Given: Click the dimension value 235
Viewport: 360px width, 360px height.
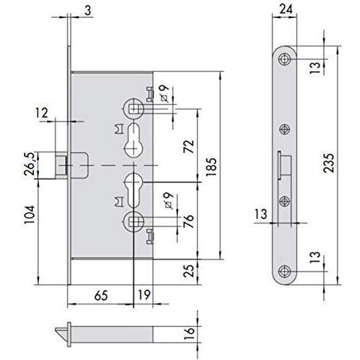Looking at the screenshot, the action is (328, 163).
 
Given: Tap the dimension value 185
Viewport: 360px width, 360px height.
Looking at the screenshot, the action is (211, 167).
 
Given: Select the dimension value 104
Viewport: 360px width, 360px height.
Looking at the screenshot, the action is (29, 214).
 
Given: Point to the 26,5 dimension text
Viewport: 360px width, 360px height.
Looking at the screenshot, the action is (29, 163).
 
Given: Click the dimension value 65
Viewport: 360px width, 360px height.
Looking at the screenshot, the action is (101, 295).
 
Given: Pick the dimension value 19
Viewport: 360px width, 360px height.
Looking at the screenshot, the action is (145, 295).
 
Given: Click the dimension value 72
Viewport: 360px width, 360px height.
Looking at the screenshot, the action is (189, 146).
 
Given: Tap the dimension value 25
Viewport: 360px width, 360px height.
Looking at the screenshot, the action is (189, 271).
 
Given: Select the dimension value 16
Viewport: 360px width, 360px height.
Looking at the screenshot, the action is (189, 334).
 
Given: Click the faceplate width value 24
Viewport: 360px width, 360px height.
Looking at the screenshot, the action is (286, 10).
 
